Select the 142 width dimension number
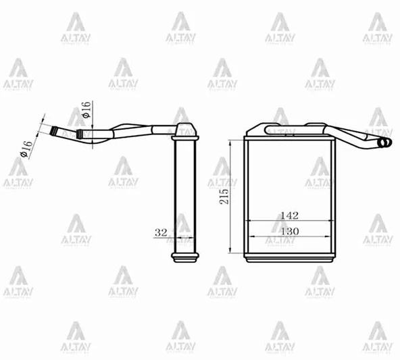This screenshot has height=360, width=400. [x=289, y=215]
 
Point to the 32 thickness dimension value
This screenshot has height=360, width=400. [x=161, y=232]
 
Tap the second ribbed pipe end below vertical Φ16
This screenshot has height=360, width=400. [x=84, y=134]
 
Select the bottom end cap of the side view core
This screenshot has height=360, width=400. [x=184, y=257]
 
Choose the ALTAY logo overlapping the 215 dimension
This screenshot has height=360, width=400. [x=222, y=173]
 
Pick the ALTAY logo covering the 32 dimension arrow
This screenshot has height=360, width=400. [x=180, y=230]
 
